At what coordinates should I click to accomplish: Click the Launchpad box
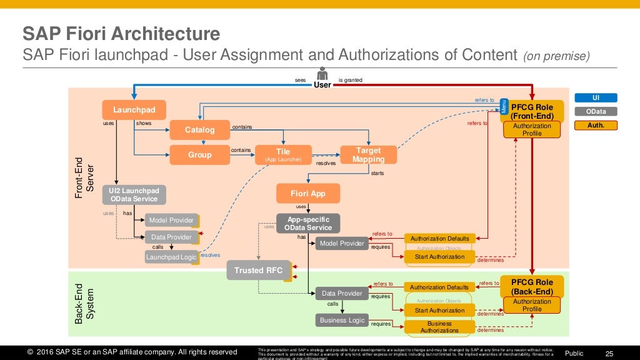[134, 110]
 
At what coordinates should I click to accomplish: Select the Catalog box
[199, 130]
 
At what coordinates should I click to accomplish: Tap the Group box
[199, 154]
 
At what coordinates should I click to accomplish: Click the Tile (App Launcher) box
[283, 154]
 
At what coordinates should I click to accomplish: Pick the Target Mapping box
[368, 154]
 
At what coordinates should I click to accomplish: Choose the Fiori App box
[308, 193]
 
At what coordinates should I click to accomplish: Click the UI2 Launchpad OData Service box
[134, 194]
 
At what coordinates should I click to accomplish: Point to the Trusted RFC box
[258, 271]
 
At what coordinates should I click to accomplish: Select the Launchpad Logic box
[171, 257]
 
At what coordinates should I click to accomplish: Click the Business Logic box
[342, 320]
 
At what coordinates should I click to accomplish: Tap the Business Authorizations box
[439, 327]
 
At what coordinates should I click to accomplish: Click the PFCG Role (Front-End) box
[532, 111]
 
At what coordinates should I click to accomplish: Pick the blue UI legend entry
[596, 97]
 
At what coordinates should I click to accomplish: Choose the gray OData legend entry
[596, 111]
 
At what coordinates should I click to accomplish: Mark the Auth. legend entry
[596, 125]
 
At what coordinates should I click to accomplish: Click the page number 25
[610, 353]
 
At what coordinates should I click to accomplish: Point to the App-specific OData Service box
[308, 223]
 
